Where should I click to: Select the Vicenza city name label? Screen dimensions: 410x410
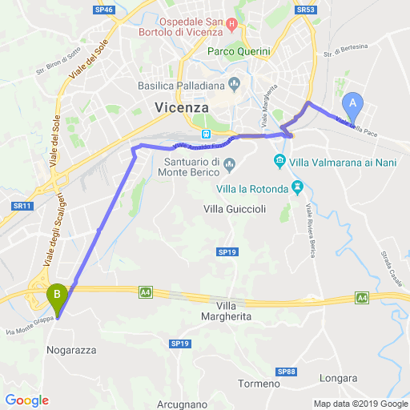point(180,107)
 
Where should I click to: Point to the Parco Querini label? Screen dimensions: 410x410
point(239,51)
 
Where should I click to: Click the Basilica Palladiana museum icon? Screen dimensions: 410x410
point(235,82)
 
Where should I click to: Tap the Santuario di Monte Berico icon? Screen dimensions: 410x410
point(229,165)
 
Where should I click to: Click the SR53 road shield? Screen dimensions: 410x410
point(304,9)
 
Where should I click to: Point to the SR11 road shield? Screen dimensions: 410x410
point(22,206)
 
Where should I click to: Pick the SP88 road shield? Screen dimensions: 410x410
point(287,372)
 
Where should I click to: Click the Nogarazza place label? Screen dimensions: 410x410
point(74,349)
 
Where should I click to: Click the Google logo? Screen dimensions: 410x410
point(26,400)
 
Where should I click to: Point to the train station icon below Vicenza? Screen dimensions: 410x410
point(206,134)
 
